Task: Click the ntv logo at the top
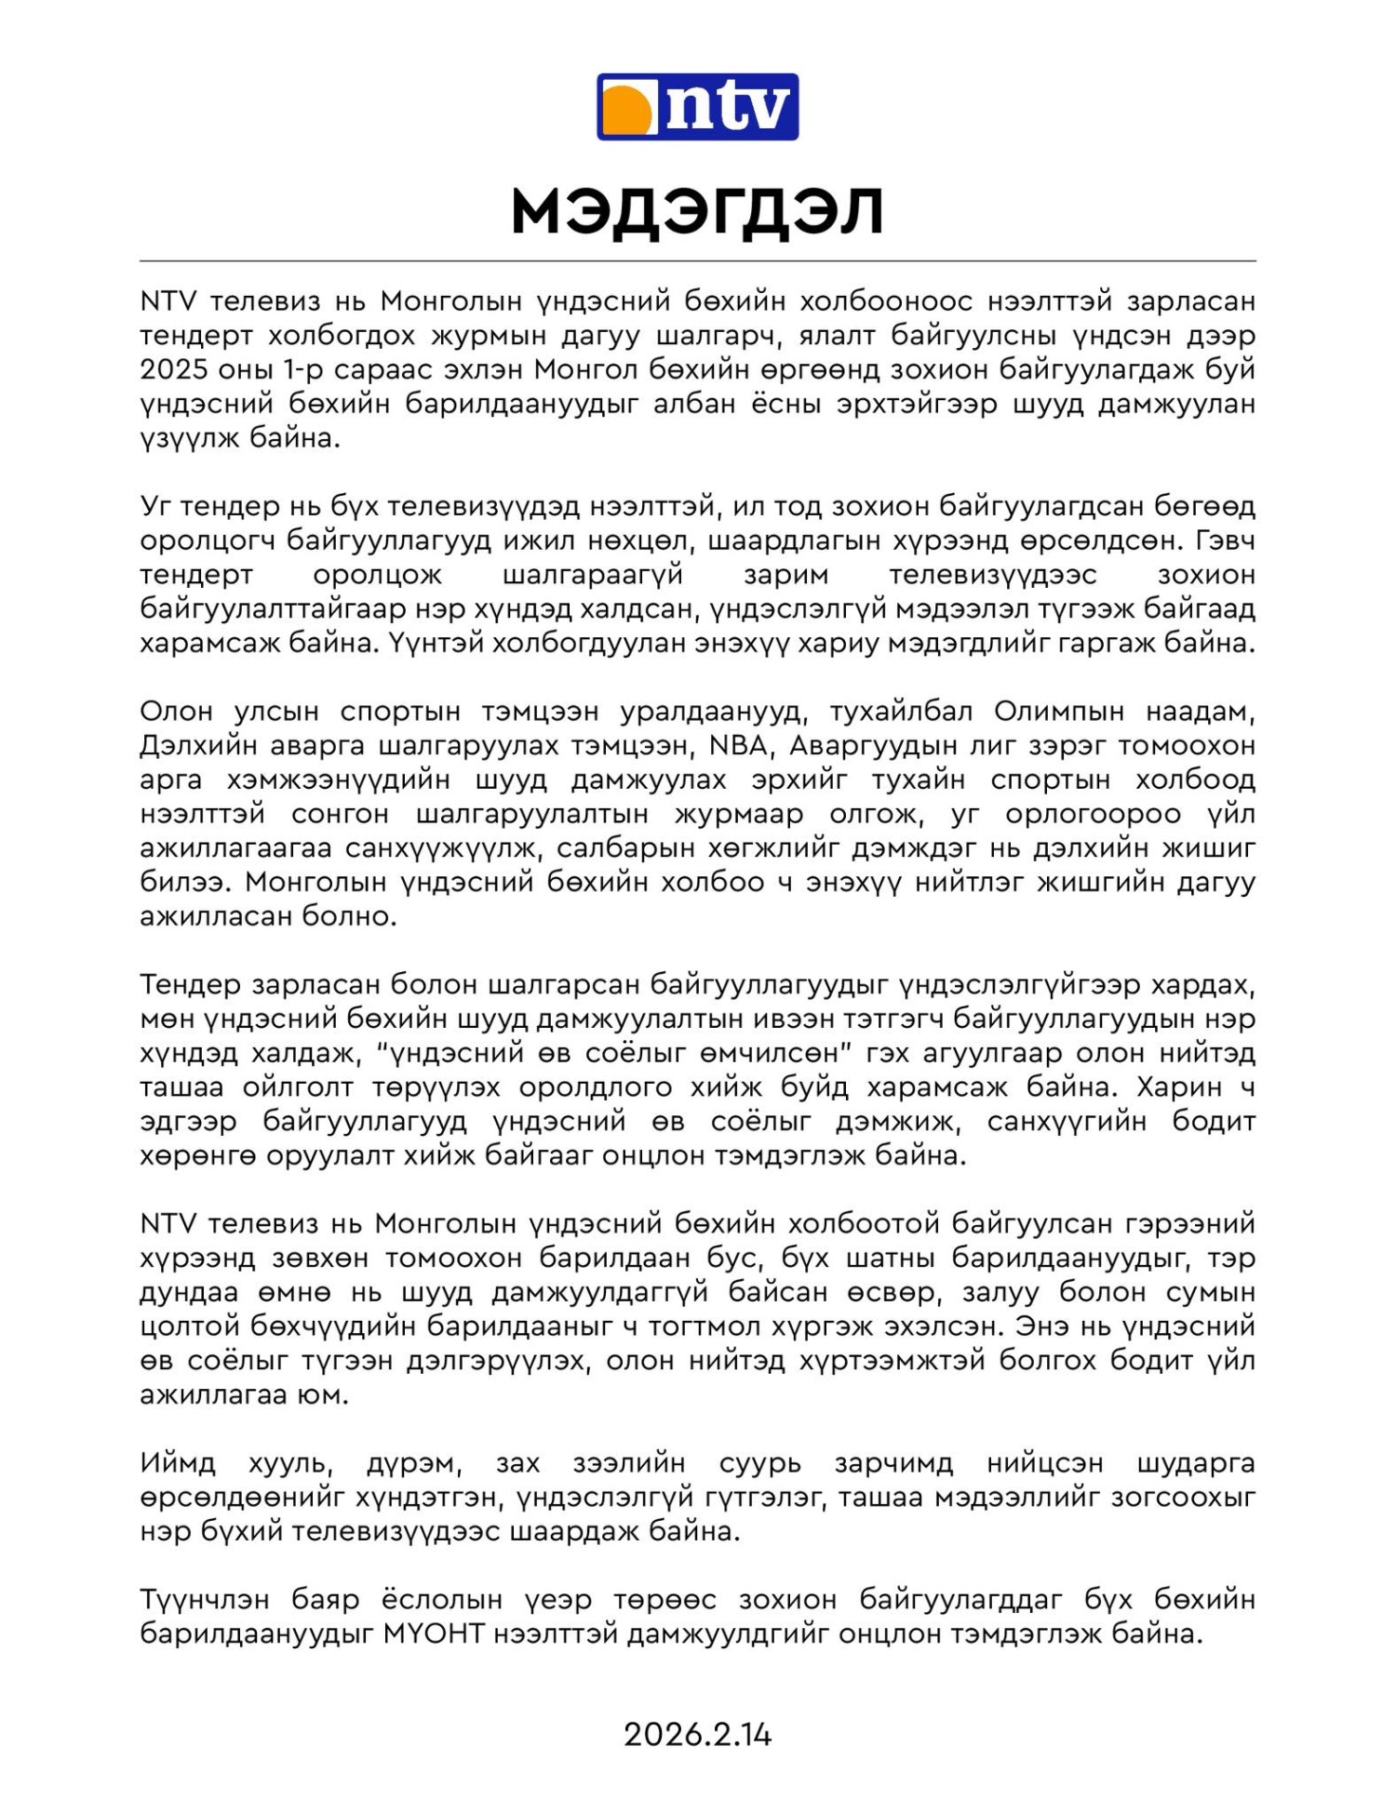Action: pyautogui.click(x=697, y=107)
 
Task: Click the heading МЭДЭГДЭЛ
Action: pyautogui.click(x=697, y=212)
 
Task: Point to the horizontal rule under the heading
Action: pyautogui.click(x=697, y=261)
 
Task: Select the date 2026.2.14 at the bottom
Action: pyautogui.click(x=697, y=1735)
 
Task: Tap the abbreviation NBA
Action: pyautogui.click(x=739, y=746)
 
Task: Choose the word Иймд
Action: pyautogui.click(x=178, y=1463)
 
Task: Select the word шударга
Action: pyautogui.click(x=1196, y=1463)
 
